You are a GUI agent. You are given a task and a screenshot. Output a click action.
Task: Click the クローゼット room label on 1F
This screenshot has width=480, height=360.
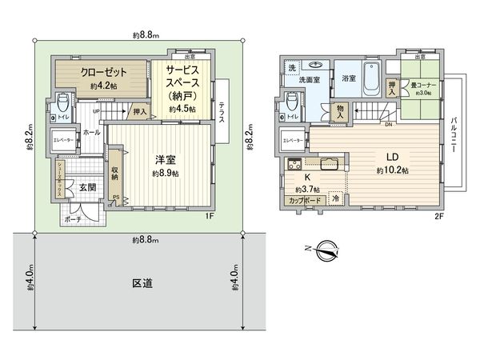pyautogui.click(x=102, y=71)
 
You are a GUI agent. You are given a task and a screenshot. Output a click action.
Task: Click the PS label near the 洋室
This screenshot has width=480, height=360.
pyautogui.click(x=115, y=198)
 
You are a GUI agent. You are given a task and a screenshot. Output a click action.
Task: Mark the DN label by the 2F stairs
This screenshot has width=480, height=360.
pyautogui.click(x=388, y=124)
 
